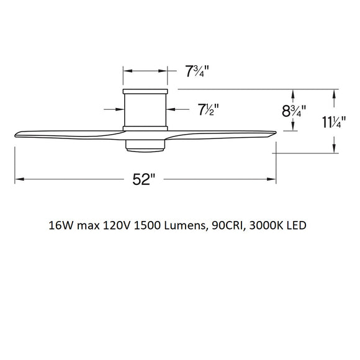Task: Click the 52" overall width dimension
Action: coord(144,180)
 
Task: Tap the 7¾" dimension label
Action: coord(197,70)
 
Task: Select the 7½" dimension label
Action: coord(208,110)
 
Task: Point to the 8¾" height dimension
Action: coord(292,112)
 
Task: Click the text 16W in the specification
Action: coord(60,225)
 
